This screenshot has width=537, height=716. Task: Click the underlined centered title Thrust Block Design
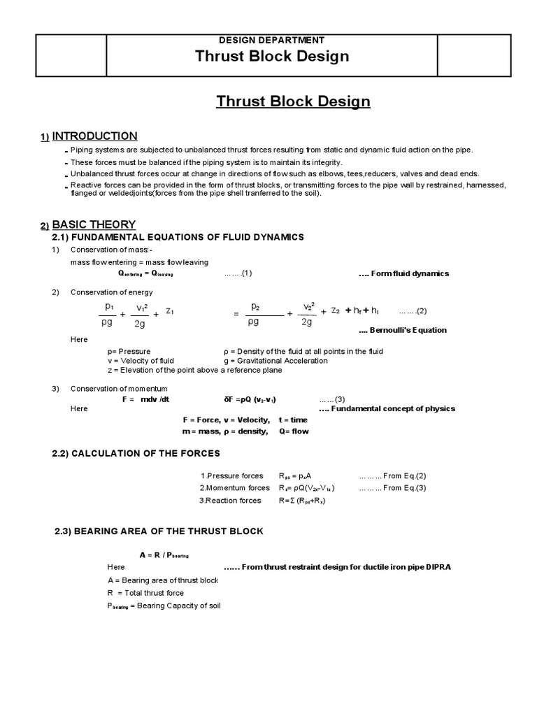(293, 102)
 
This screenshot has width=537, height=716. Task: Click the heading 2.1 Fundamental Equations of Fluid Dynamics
(178, 238)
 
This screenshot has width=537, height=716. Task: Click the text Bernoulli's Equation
(403, 330)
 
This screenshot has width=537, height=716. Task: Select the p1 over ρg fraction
(108, 315)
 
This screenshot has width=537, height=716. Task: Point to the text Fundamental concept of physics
(387, 409)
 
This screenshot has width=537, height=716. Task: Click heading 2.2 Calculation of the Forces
(136, 454)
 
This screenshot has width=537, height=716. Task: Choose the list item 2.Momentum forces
(234, 488)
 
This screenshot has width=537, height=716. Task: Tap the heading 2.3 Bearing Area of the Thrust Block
(159, 531)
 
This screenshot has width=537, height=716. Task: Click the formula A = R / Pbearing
(165, 554)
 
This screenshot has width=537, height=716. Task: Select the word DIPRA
(436, 567)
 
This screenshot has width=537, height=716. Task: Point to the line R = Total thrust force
(145, 592)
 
